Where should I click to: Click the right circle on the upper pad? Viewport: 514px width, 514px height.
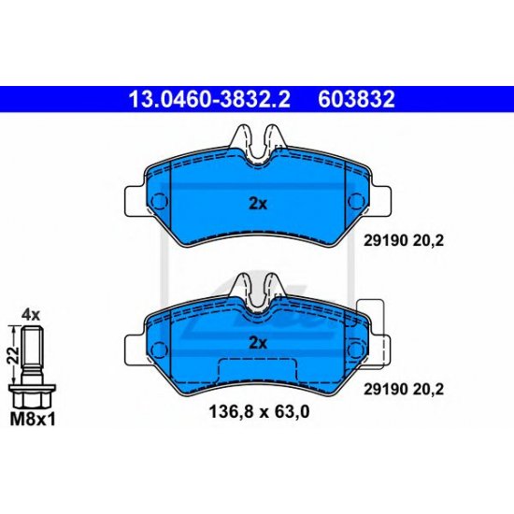point(355,201)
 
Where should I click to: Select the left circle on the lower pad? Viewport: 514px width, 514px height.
point(157,346)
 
